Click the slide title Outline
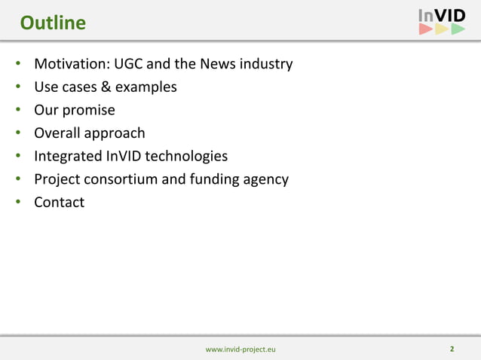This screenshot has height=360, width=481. pyautogui.click(x=53, y=23)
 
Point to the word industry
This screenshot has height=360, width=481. pyautogui.click(x=265, y=64)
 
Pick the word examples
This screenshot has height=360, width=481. pyautogui.click(x=148, y=87)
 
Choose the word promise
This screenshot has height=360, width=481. pyautogui.click(x=89, y=111)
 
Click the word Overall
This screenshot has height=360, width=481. pyautogui.click(x=59, y=133)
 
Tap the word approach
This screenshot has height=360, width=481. pyautogui.click(x=116, y=134)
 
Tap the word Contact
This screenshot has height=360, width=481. pyautogui.click(x=59, y=203)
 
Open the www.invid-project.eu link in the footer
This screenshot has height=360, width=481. pyautogui.click(x=240, y=349)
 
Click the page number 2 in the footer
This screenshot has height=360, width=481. pyautogui.click(x=452, y=349)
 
